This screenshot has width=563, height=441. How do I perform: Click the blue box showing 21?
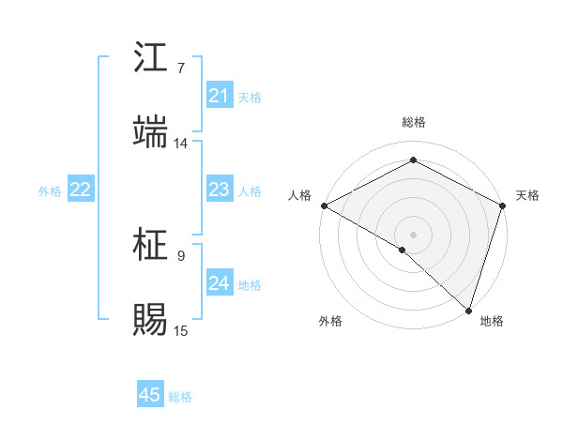point(220,96)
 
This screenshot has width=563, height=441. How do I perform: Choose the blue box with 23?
point(220,190)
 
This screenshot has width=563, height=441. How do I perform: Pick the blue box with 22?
point(81,190)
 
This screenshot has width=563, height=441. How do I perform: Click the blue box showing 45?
point(150,395)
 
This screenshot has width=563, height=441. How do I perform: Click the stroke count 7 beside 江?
point(181,68)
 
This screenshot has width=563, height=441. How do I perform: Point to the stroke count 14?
point(180,144)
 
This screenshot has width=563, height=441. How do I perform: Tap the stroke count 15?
point(180,330)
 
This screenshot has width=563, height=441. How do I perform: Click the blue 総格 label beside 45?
point(181,397)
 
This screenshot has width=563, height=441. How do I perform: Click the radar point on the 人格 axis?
point(323,205)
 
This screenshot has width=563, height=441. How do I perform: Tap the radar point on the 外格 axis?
point(403,250)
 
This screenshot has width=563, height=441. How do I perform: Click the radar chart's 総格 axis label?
point(413,122)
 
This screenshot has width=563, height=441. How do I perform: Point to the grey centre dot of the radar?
point(413,234)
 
